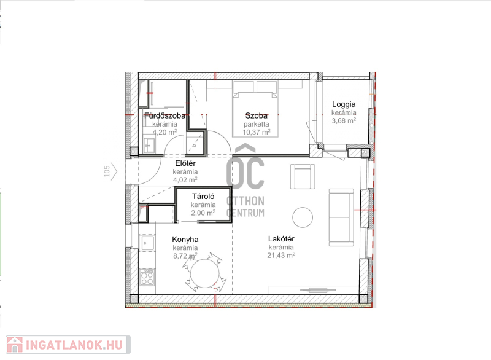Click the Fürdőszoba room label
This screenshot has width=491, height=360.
click(x=164, y=116)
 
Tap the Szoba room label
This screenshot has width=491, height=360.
click(x=257, y=116)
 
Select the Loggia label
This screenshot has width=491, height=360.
click(x=344, y=104)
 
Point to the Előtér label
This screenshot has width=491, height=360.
click(x=185, y=163)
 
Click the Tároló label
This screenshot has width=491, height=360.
click(x=203, y=197)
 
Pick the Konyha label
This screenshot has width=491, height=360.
click(x=185, y=240)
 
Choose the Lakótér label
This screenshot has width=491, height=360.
click(x=281, y=239)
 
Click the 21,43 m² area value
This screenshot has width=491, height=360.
click(x=281, y=256)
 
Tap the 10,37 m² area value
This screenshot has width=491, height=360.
click(x=257, y=132)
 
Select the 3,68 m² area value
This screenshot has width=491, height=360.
click(x=344, y=120)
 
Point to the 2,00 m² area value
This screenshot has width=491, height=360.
click(x=203, y=213)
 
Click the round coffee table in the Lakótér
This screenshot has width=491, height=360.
click(x=303, y=217)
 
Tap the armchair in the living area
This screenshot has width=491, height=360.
click(x=303, y=177)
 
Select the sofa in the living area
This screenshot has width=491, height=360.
click(x=341, y=217)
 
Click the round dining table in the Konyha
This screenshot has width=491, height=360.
click(x=205, y=273)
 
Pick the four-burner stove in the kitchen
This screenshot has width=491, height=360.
click(x=147, y=277)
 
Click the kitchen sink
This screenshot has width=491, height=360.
click(x=147, y=243)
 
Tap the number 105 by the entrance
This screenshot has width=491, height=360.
click(x=107, y=171)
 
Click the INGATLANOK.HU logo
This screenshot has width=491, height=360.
click(x=68, y=345)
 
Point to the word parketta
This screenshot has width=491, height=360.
click(x=257, y=124)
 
